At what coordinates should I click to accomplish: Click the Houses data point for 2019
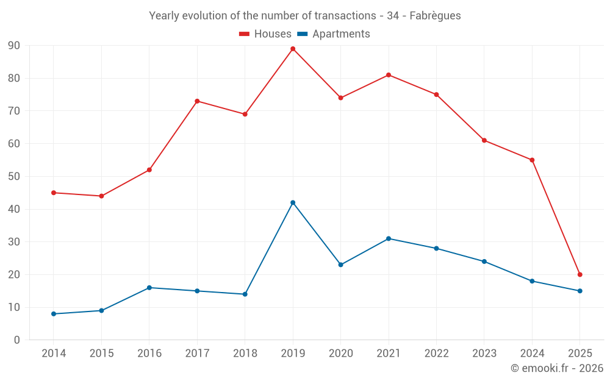[293, 49]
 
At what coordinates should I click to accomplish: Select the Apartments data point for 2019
[293, 202]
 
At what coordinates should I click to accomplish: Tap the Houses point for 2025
[579, 274]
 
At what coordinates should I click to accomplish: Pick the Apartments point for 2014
[54, 314]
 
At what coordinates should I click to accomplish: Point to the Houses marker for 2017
[197, 101]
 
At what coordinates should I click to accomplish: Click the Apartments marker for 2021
[389, 238]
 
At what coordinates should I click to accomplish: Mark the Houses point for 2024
[532, 160]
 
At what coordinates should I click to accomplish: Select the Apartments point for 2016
[149, 288]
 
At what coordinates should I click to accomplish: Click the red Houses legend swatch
[245, 34]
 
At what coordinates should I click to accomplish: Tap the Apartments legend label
[341, 34]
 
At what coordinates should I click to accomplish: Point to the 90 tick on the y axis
[14, 46]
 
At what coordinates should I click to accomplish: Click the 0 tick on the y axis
[17, 340]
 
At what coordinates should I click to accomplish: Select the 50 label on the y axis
[14, 177]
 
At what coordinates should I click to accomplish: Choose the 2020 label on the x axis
[340, 354]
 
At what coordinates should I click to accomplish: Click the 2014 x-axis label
[54, 354]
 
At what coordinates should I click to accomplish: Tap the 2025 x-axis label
[579, 354]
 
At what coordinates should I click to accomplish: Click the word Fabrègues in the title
[435, 15]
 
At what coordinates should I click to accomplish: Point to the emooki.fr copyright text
[557, 368]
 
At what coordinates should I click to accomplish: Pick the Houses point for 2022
[436, 94]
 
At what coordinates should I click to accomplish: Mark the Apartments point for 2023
[484, 262]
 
